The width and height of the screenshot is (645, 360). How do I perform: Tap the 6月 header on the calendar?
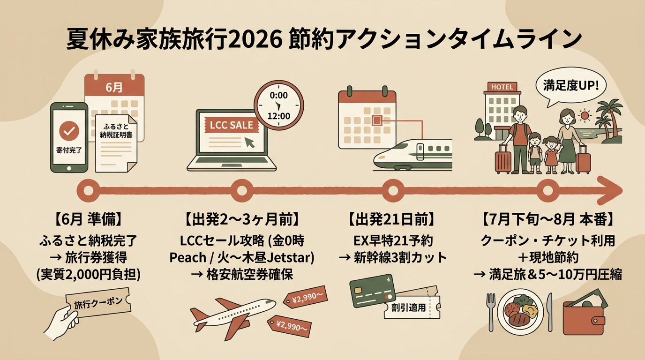coord(114,87)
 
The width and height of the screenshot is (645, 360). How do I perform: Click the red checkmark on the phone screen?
coord(69,131)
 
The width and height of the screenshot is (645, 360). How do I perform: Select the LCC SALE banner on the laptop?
coord(232,125)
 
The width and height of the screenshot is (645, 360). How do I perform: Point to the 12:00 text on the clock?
coord(279,116)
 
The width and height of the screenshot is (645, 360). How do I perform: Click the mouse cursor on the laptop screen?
coord(250,142)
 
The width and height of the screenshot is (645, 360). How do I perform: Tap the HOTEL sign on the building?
coord(502,87)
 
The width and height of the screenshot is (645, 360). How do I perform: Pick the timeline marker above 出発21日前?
coord(393,190)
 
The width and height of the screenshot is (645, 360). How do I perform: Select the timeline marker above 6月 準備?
coord(89,190)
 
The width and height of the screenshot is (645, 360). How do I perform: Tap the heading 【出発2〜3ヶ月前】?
coord(241,220)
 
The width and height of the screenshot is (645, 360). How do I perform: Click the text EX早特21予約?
coord(393,241)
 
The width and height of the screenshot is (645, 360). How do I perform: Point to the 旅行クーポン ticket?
coord(98,303)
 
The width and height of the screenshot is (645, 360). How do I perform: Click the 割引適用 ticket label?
coord(409,307)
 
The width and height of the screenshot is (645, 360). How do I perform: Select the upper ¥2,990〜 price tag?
coord(306,297)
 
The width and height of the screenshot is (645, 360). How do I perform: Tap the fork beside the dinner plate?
coord(491,312)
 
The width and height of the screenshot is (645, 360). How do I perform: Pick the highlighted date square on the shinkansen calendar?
coord(377,120)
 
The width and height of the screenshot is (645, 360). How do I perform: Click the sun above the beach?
coord(585,116)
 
